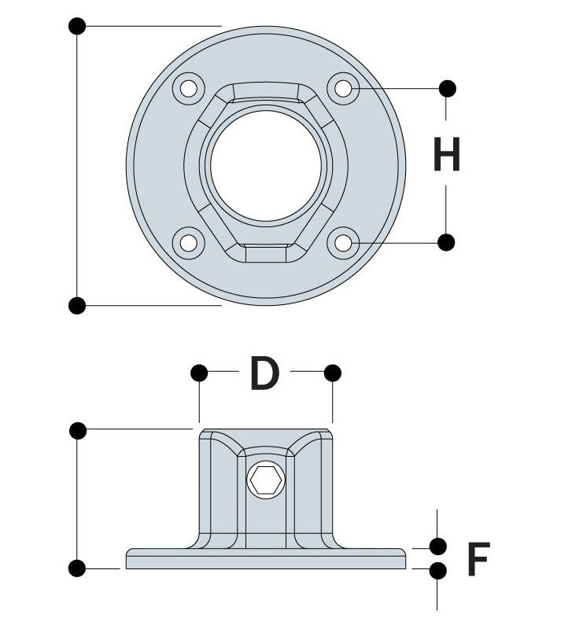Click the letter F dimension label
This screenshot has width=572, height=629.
[478, 560]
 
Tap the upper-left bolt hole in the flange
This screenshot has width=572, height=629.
[189, 89]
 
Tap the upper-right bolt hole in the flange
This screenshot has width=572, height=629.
[343, 88]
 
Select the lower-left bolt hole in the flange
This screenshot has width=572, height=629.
[189, 243]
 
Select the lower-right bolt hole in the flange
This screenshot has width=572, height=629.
[343, 243]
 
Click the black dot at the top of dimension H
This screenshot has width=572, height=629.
[447, 88]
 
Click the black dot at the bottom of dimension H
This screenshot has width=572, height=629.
[446, 243]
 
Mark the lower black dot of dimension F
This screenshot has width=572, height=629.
[437, 569]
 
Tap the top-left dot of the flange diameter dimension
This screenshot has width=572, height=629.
[77, 27]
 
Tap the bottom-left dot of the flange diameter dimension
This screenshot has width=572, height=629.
[77, 304]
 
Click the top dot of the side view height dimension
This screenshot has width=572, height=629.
[77, 429]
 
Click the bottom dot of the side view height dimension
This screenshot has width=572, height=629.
[77, 568]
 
